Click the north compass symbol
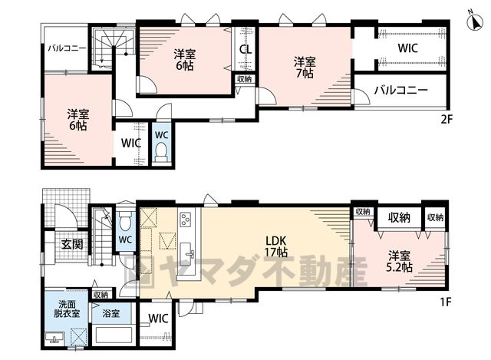[x=475, y=23]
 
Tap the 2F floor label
[x=447, y=120]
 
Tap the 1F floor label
[x=446, y=302]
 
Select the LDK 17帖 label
[x=276, y=246]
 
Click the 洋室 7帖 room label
[x=305, y=68]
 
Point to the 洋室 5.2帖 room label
[x=400, y=261]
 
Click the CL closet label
[x=245, y=49]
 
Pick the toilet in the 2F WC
[x=161, y=151]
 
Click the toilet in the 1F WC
[x=125, y=220]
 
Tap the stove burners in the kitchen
[x=185, y=220]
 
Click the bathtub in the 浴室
[x=114, y=335]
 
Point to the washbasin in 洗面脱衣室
[x=54, y=339]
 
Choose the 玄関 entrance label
[x=72, y=244]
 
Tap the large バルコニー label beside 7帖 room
[x=401, y=91]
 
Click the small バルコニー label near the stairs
[x=67, y=48]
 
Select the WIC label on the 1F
[x=159, y=319]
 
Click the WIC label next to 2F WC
[x=131, y=144]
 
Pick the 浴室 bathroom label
[x=111, y=313]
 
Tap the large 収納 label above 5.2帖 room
[x=399, y=217]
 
